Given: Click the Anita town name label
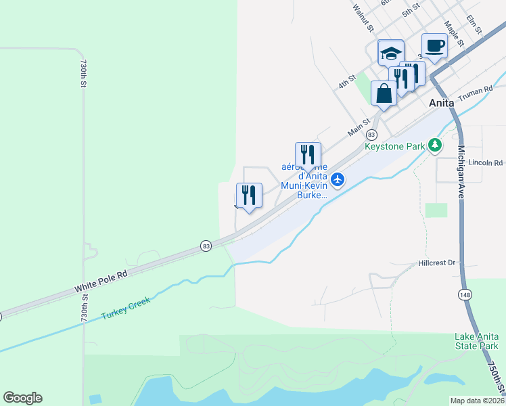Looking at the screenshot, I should [446, 104].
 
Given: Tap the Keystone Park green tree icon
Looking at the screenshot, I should [436, 145].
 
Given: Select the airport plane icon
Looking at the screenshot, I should [339, 179].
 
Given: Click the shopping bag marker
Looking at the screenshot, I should [384, 93].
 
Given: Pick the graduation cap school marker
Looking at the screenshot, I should [390, 53].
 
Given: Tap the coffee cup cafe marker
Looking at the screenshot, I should [434, 46].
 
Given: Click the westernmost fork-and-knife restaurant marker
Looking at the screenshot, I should [249, 196].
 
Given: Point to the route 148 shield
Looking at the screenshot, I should [465, 294].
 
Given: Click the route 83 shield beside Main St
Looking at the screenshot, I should [371, 135].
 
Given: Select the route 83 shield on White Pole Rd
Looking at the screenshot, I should [205, 246].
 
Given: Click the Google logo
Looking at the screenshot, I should [22, 398].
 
